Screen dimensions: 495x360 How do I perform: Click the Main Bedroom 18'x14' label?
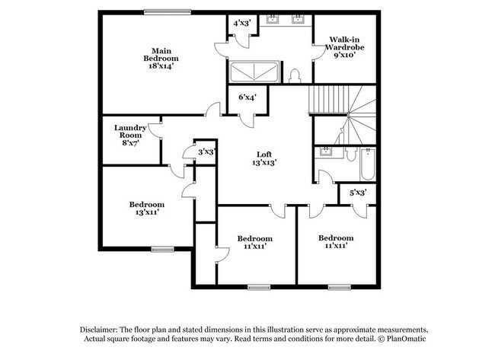coord(161,59)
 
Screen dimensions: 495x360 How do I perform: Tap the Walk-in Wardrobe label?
coord(345,43)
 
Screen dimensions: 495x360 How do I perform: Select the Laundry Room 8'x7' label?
coord(130,135)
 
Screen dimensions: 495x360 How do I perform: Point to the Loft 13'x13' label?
coord(264,158)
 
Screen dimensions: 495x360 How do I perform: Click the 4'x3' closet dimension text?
coord(242,23)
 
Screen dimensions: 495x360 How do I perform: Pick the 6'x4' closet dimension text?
coord(247,97)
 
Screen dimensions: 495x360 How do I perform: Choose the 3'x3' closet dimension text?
coord(207,151)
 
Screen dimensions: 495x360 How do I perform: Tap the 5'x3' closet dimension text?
coord(358,193)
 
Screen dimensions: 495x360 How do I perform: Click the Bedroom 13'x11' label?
coord(147,209)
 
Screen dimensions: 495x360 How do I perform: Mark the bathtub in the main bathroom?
coord(254,72)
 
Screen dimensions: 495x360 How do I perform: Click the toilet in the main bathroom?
coord(294,76)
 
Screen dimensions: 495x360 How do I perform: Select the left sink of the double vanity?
coord(272,19)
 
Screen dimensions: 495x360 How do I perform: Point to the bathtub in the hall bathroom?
coord(368,164)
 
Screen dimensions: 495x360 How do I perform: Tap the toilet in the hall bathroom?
coord(351,154)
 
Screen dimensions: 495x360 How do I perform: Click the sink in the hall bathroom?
coord(325,151)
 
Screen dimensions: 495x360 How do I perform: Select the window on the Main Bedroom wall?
coord(168,12)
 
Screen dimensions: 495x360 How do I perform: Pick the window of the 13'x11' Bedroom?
coord(162,249)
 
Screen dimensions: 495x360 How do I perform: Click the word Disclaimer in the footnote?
coord(99,330)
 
